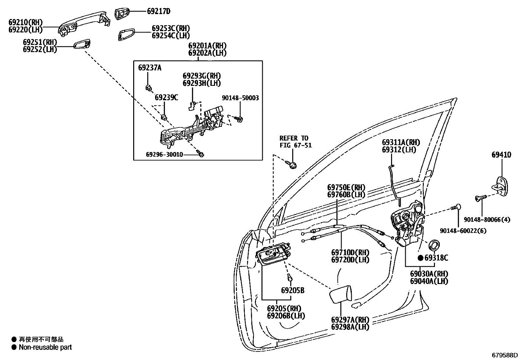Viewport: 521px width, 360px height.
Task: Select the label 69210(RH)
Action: pos(26,23)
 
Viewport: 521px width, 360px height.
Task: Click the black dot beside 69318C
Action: pos(420,258)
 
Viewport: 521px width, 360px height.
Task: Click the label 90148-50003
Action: pos(240,98)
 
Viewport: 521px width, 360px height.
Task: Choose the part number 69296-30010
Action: pos(164,154)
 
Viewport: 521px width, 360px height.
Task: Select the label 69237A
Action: pos(150,68)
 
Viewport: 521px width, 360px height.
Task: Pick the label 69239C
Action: pos(166,98)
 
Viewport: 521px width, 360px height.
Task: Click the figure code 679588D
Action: pos(505,355)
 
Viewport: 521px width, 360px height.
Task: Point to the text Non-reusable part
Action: pos(45,347)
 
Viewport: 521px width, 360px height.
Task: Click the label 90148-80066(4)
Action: pos(487,220)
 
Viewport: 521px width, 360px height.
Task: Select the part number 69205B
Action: pos(293,291)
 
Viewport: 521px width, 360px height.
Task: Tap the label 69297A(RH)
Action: pos(350,320)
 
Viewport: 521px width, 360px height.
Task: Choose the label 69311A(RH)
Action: pos(401,142)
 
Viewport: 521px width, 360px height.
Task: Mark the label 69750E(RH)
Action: pos(346,188)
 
